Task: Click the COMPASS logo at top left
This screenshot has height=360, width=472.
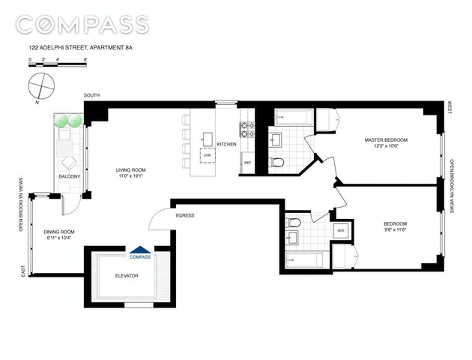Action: [x=82, y=25]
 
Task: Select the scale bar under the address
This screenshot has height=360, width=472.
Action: [x=58, y=64]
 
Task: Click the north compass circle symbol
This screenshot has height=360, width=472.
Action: [x=41, y=86]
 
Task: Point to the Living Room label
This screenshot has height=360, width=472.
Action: [x=131, y=170]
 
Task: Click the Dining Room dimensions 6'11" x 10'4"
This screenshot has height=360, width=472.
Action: [x=59, y=238]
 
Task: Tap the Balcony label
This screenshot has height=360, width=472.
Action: [x=70, y=176]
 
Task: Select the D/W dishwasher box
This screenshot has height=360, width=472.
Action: [x=208, y=155]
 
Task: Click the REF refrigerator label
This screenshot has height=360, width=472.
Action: [x=248, y=163]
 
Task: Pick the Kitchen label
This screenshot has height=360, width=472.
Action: [x=227, y=144]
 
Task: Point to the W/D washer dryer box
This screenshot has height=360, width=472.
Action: [x=341, y=231]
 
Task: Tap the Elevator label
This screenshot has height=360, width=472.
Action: [x=127, y=276]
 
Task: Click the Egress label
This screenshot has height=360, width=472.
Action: [x=185, y=215]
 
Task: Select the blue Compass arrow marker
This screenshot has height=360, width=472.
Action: [x=140, y=249]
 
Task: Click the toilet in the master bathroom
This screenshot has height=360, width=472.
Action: [x=276, y=163]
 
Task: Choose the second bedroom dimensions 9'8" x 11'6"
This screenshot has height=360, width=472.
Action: [x=396, y=229]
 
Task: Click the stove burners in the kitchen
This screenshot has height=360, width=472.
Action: [x=247, y=129]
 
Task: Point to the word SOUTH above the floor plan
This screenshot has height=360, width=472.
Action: [x=91, y=95]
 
